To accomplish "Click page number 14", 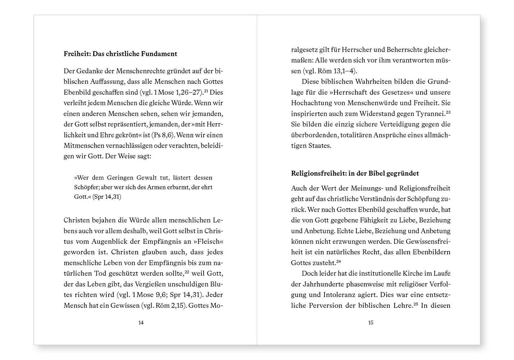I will point(141,323).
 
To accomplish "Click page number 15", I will point(371,323).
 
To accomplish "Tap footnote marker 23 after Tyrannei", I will point(448,112).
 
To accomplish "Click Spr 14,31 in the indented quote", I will point(107,197).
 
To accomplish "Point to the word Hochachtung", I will point(310,103).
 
